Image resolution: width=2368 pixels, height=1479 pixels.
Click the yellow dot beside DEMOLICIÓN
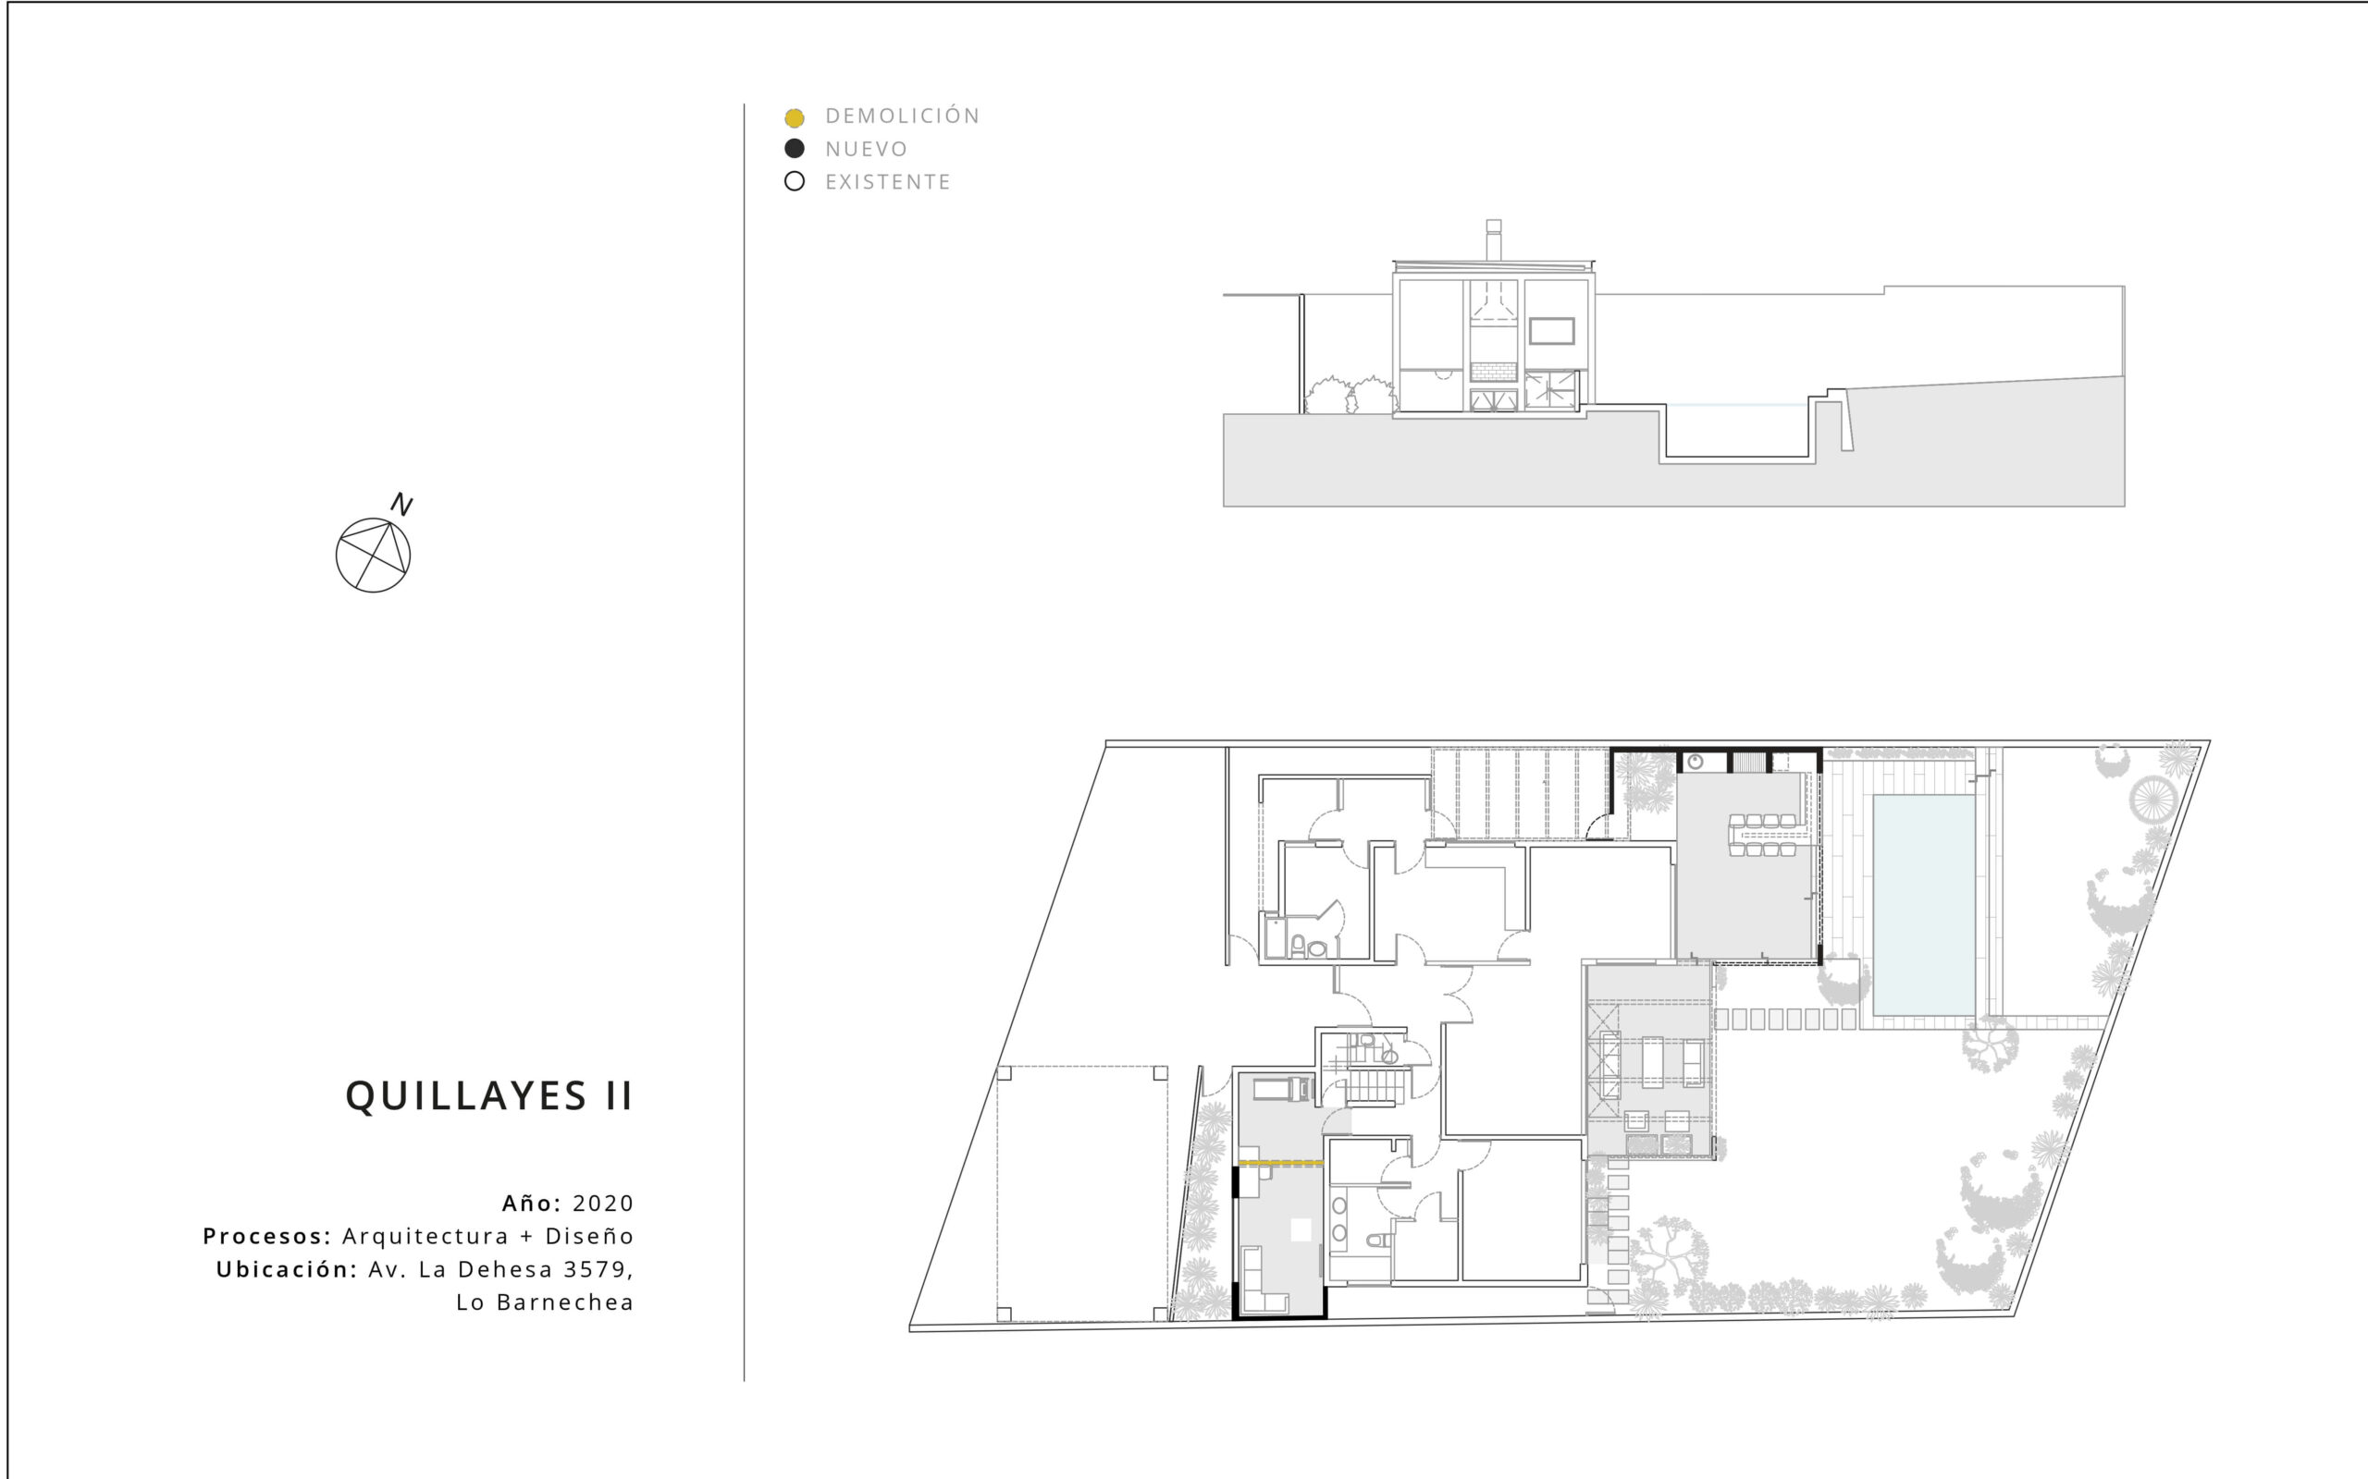[x=795, y=117]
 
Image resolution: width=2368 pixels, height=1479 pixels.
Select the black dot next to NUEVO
[x=795, y=149]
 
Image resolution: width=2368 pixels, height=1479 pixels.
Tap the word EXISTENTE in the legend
[x=887, y=182]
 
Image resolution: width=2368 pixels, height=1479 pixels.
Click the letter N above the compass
[x=401, y=505]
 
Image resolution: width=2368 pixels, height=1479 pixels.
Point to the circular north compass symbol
[x=373, y=555]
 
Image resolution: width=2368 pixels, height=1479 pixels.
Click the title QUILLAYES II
[x=489, y=1096]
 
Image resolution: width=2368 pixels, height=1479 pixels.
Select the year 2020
[x=603, y=1204]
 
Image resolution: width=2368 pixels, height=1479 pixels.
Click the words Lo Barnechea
[x=545, y=1303]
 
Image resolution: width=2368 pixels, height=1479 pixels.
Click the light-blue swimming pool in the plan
[x=1924, y=905]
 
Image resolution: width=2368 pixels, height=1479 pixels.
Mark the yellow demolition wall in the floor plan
[x=1281, y=1163]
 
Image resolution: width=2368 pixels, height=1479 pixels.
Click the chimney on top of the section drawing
[x=1493, y=239]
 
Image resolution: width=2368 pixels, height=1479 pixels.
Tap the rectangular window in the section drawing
[x=1551, y=331]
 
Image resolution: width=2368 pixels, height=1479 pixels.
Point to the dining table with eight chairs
[x=1763, y=836]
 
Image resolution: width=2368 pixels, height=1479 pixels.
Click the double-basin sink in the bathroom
[x=1338, y=1220]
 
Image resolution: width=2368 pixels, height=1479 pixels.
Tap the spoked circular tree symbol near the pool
[x=2152, y=800]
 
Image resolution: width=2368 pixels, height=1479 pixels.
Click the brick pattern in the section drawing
[x=1493, y=373]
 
